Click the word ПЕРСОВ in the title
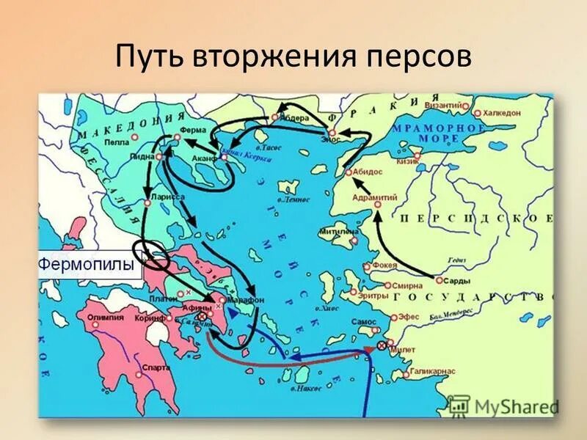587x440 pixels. (x=410, y=58)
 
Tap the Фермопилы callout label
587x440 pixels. (x=90, y=263)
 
